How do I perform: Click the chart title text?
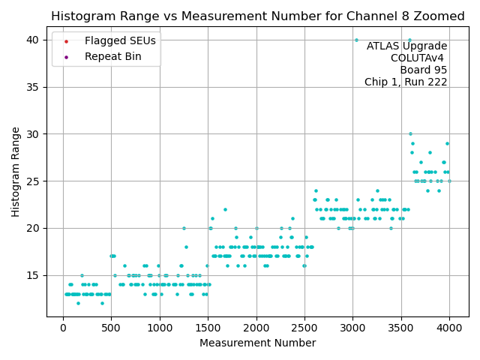(x=258, y=16)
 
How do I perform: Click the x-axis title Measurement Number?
(x=257, y=343)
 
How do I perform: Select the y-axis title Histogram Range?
(x=16, y=172)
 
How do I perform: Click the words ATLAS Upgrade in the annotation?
(x=406, y=46)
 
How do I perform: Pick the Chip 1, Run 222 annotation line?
(x=406, y=82)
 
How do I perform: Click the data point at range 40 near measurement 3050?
(x=356, y=40)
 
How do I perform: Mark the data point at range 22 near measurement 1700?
(x=225, y=209)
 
